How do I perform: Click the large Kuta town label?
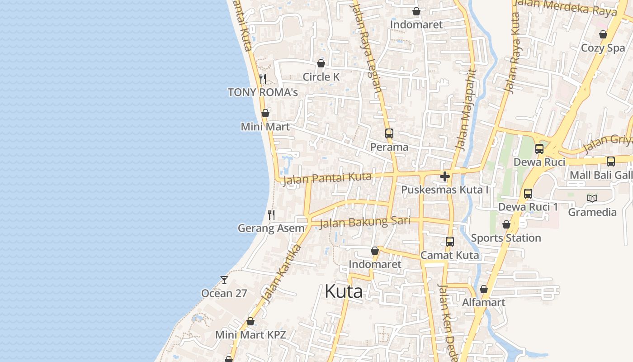coord(344,291)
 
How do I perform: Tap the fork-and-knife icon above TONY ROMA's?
coord(263,79)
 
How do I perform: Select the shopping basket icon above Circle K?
coord(321,63)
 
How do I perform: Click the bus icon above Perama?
coord(389,133)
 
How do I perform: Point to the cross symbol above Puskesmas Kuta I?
coord(445,176)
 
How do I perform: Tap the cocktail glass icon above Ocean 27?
coord(224,280)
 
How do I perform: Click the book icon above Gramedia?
coord(592,198)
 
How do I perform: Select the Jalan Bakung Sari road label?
coord(365,222)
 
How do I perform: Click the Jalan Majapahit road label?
coord(467,110)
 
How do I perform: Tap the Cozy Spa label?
coord(603,48)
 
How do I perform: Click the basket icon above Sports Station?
coord(506,224)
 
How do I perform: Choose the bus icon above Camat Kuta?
coord(449,242)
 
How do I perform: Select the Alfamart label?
coord(483,302)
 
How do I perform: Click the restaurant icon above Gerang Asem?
coord(271,214)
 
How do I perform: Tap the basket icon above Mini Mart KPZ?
coord(250,321)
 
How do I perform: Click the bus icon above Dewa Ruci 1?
coord(528,194)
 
